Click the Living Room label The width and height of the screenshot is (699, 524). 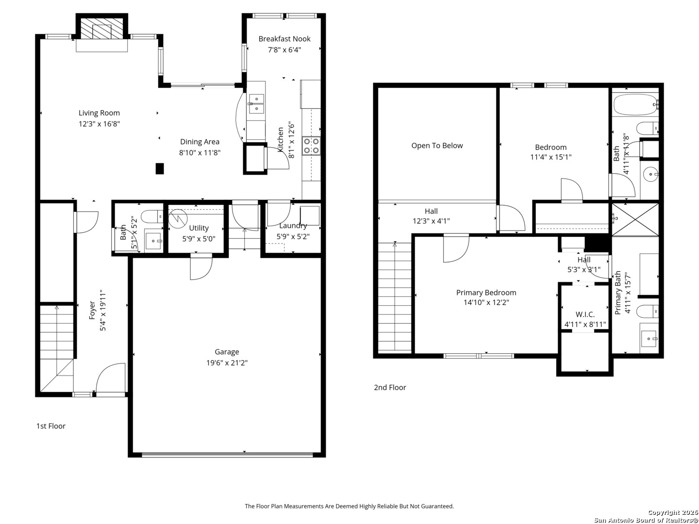[99, 113]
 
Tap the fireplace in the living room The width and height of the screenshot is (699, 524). [102, 31]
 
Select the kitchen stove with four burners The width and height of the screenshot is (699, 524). [311, 146]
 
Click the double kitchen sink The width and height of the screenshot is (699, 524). [256, 104]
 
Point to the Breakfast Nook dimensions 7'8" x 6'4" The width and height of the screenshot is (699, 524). [284, 49]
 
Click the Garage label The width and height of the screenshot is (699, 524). [227, 352]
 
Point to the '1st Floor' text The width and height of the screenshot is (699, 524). [51, 426]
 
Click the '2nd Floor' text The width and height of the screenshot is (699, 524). [390, 387]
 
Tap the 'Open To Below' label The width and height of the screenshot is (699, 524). [437, 146]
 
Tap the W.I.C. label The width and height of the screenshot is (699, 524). [585, 314]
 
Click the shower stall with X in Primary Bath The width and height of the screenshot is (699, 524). [635, 219]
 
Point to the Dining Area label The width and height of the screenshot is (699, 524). [200, 142]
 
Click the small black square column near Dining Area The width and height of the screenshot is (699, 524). [160, 168]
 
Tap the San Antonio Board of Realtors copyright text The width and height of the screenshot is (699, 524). [646, 520]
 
